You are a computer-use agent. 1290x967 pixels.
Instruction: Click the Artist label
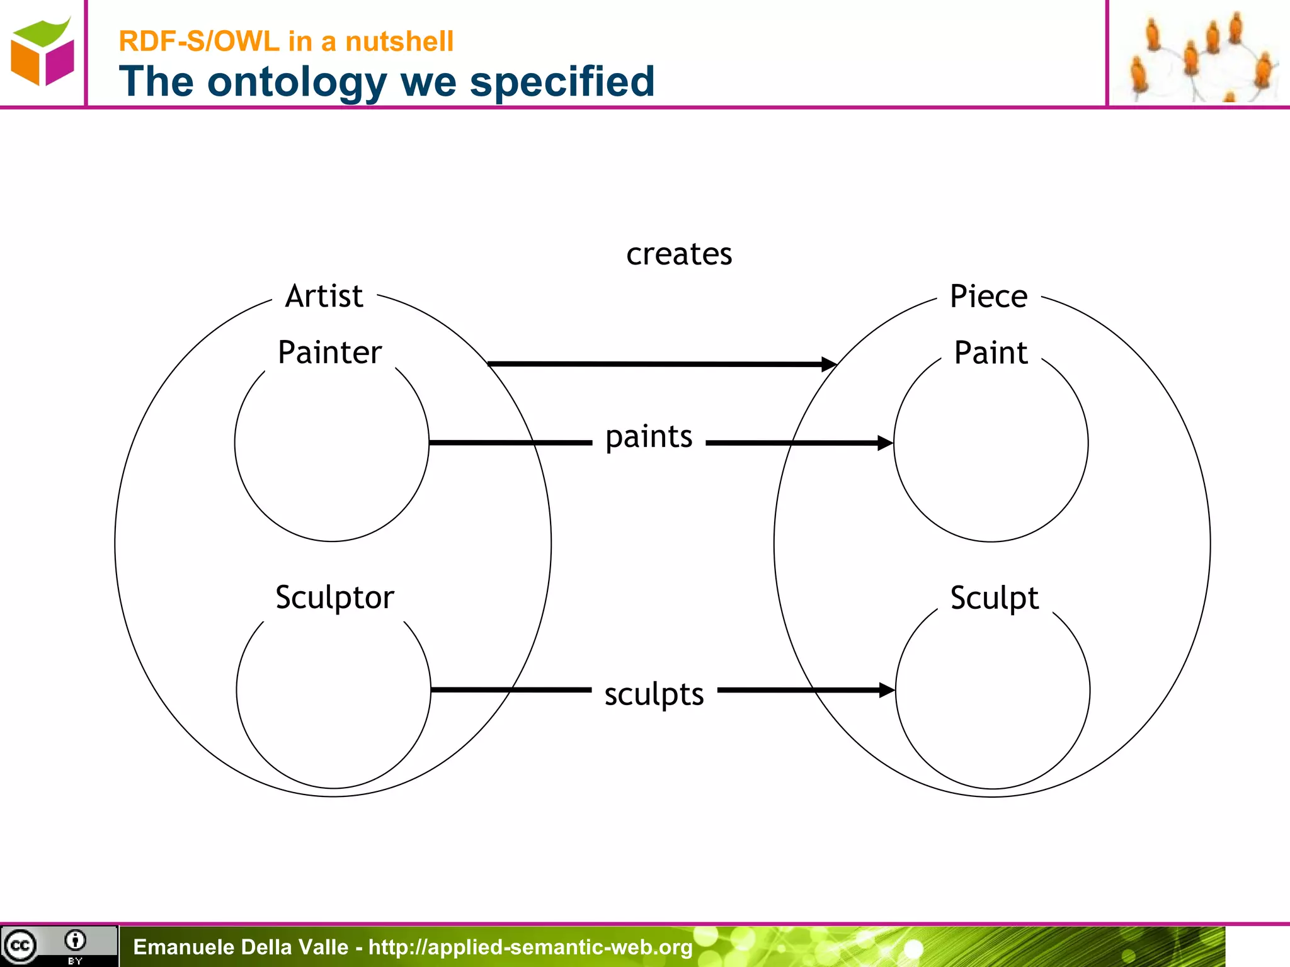pyautogui.click(x=324, y=296)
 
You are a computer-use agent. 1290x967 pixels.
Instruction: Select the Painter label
pyautogui.click(x=329, y=352)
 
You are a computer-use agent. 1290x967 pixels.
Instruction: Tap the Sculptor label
pyautogui.click(x=334, y=597)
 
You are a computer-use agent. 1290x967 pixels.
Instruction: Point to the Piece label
pyautogui.click(x=988, y=296)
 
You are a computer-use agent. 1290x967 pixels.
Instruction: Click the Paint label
pyautogui.click(x=990, y=352)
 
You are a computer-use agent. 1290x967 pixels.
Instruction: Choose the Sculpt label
pyautogui.click(x=994, y=597)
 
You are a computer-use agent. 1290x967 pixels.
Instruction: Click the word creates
pyautogui.click(x=679, y=254)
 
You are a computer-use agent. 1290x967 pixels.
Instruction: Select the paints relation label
pyautogui.click(x=649, y=437)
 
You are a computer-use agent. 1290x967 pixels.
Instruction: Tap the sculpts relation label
pyautogui.click(x=654, y=694)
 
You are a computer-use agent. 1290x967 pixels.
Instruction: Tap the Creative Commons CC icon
pyautogui.click(x=20, y=946)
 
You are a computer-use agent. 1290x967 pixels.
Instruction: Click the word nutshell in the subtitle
pyautogui.click(x=399, y=42)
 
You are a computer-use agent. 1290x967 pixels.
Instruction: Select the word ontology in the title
pyautogui.click(x=297, y=82)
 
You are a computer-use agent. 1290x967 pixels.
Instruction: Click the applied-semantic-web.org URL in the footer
pyautogui.click(x=530, y=947)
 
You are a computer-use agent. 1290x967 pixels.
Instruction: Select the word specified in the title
pyautogui.click(x=562, y=82)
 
